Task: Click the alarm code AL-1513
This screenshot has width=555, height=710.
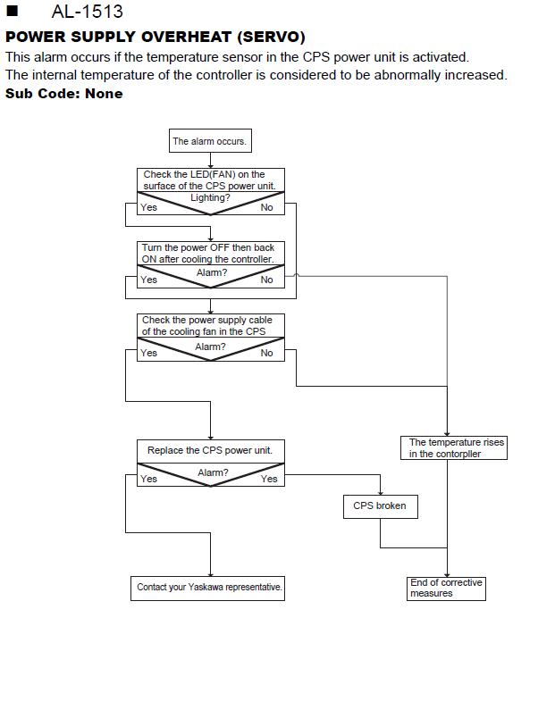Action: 87,12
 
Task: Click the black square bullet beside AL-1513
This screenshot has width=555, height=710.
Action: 13,11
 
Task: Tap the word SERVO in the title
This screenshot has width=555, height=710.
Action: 273,37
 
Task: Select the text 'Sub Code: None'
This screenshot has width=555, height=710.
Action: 63,93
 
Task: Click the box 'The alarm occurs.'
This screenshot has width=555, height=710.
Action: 210,141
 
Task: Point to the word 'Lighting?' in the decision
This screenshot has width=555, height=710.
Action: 210,198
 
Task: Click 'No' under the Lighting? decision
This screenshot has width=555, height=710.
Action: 266,207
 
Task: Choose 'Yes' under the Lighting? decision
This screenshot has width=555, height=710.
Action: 148,207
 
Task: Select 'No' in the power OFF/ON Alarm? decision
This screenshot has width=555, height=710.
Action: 266,280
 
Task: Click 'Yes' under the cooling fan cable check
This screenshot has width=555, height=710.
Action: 148,353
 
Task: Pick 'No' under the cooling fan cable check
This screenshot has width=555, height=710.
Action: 266,353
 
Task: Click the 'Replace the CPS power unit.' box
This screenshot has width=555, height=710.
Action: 211,451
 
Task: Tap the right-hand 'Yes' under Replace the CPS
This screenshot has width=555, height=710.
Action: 269,479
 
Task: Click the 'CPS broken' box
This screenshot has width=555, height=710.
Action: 380,506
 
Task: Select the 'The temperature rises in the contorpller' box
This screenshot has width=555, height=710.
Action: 453,447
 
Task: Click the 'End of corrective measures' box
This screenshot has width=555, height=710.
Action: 446,589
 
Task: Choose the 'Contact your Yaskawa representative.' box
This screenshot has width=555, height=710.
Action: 207,589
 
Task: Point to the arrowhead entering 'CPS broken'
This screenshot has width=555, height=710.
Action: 380,493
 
